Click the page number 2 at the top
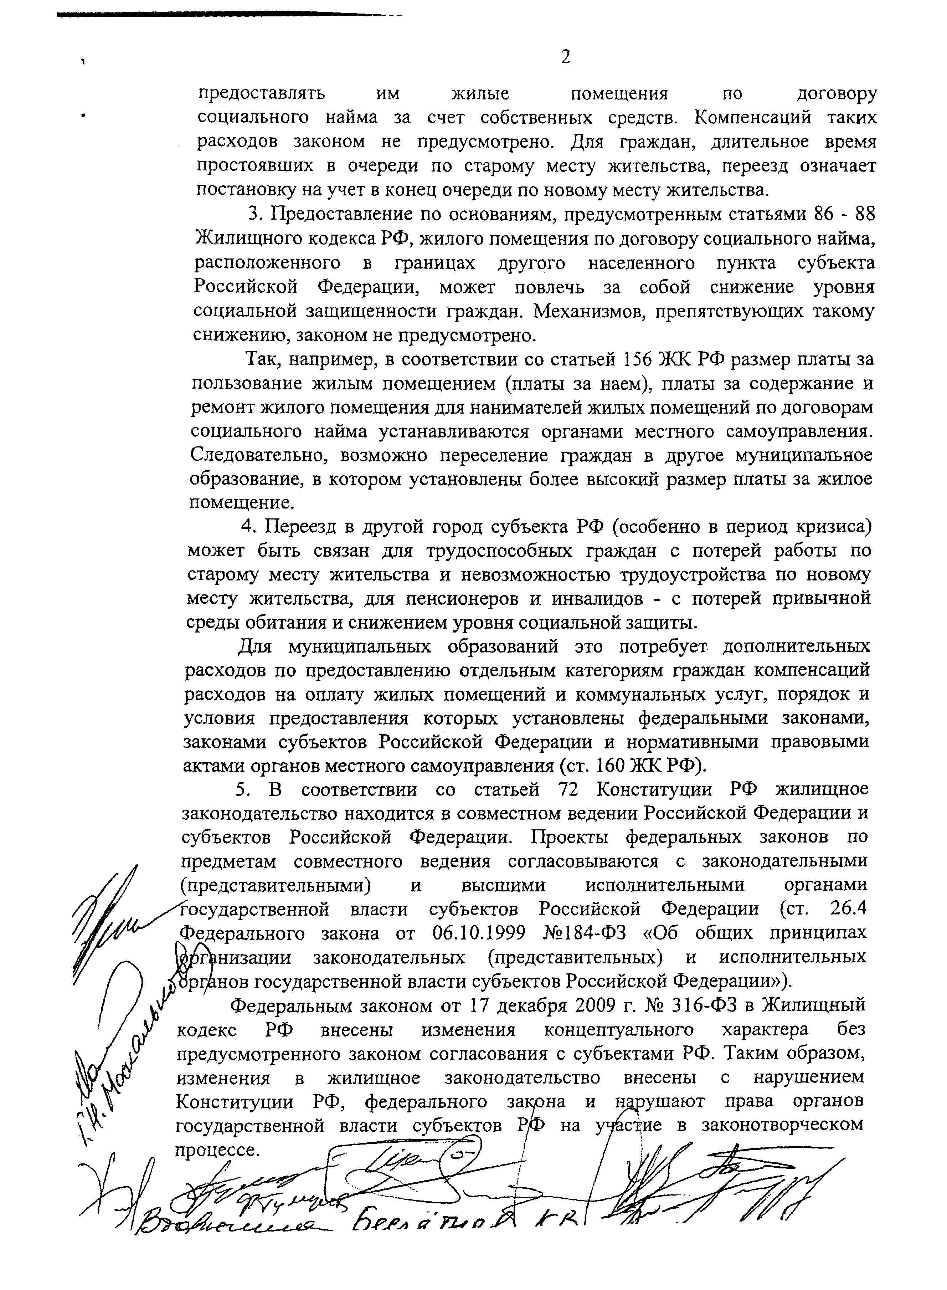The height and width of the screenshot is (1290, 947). coord(565,57)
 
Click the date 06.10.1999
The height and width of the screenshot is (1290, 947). coord(478,933)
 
